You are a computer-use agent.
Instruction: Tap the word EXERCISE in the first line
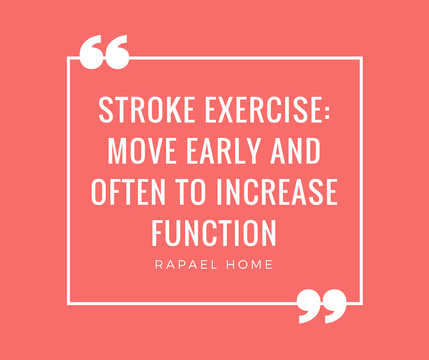(263, 110)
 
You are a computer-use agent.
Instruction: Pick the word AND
(295, 151)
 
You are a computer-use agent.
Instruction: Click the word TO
(190, 192)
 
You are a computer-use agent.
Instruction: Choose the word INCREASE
(277, 192)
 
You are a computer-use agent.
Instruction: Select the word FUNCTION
(214, 233)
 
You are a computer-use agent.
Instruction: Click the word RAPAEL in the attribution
(186, 265)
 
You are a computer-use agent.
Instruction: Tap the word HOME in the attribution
(250, 265)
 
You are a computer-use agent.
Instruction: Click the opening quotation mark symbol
(104, 52)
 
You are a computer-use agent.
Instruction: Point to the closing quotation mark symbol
(322, 306)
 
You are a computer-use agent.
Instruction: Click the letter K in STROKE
(174, 110)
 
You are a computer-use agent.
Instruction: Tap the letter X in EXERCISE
(225, 110)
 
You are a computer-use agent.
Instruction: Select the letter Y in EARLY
(254, 151)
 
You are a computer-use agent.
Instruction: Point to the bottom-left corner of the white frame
(68, 303)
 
